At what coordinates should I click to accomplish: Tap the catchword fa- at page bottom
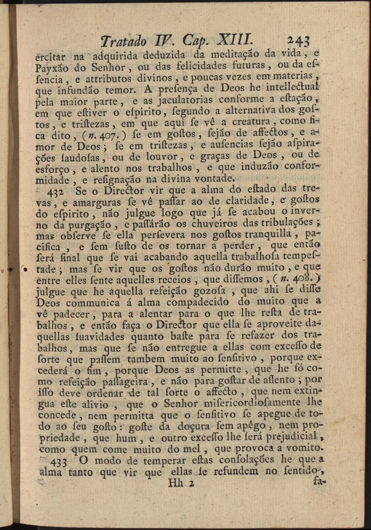(320, 480)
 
